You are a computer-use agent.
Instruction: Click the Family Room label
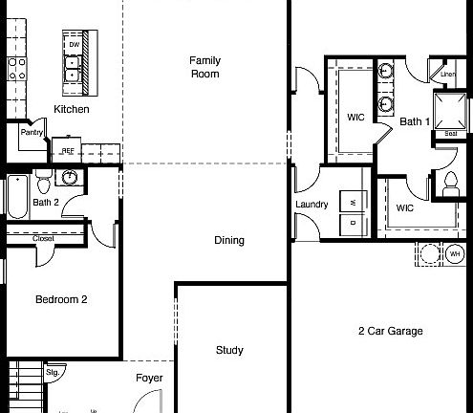[205, 66]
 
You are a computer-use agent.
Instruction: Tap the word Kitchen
[72, 110]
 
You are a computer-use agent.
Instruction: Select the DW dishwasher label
[74, 45]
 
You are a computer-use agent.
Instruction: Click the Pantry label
[32, 134]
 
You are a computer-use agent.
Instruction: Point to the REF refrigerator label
[69, 150]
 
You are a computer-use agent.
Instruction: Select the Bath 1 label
[415, 121]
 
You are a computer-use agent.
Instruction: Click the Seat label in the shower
[450, 134]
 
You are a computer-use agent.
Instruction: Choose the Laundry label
[312, 204]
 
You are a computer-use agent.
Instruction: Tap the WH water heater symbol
[455, 253]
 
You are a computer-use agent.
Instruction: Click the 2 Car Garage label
[390, 331]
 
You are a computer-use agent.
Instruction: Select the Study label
[229, 349]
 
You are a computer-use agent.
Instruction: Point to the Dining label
[229, 240]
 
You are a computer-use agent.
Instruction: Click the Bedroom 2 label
[61, 299]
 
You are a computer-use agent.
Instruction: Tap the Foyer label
[148, 378]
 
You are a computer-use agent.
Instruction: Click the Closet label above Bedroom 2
[43, 238]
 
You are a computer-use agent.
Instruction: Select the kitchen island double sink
[74, 67]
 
